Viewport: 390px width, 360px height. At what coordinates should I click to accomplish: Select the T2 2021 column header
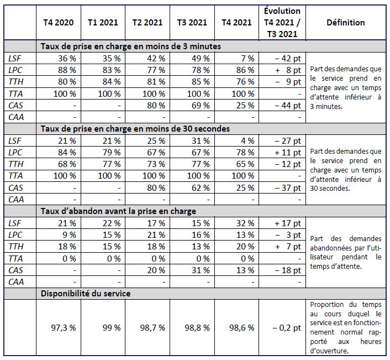pyautogui.click(x=147, y=23)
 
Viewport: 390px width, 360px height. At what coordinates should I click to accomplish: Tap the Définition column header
pyautogui.click(x=345, y=23)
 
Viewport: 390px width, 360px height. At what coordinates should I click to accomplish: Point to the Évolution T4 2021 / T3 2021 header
pyautogui.click(x=282, y=23)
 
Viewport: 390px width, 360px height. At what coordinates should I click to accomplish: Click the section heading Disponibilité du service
pyautogui.click(x=86, y=294)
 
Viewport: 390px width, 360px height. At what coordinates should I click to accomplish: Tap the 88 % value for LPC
pyautogui.click(x=66, y=70)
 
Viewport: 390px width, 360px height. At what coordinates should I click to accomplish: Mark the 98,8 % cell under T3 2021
pyautogui.click(x=197, y=327)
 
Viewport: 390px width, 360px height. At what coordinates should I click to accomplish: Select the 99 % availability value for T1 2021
pyautogui.click(x=111, y=327)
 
